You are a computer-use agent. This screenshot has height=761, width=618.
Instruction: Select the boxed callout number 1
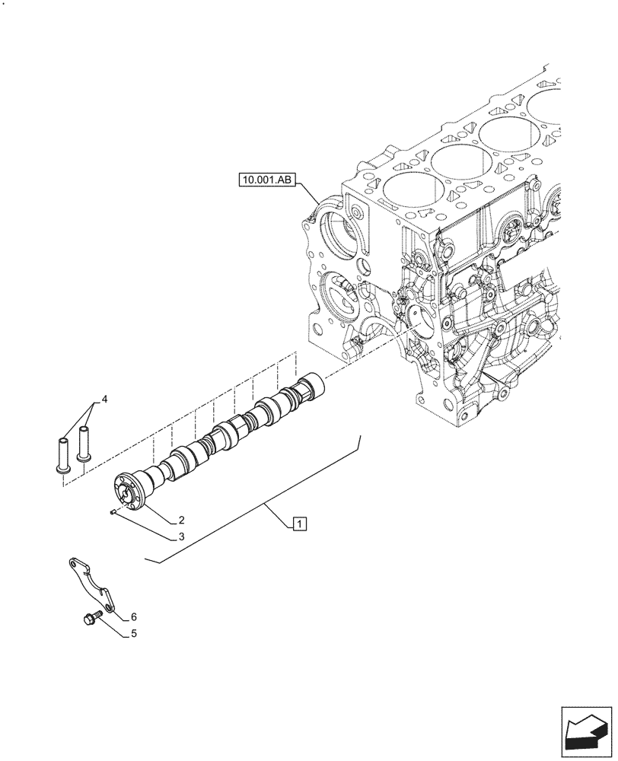(x=300, y=523)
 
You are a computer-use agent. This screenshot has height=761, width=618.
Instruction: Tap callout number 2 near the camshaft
(x=182, y=521)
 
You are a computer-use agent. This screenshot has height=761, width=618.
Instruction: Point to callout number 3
(x=182, y=537)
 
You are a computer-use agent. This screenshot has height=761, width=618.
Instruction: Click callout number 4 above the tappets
(x=105, y=399)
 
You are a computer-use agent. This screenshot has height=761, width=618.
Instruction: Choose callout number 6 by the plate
(x=133, y=616)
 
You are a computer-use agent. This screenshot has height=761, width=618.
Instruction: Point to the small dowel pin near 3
(x=112, y=512)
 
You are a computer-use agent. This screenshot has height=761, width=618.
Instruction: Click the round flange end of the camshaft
(x=129, y=490)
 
